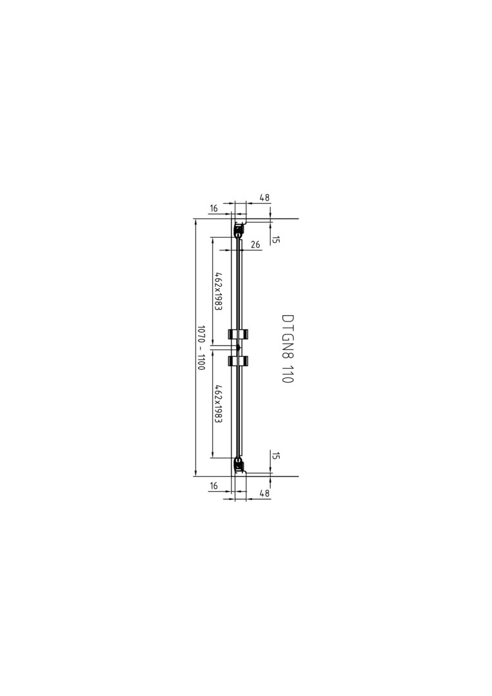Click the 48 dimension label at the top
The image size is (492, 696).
click(x=264, y=198)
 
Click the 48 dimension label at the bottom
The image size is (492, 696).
click(x=264, y=492)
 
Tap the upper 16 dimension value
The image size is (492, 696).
click(x=213, y=209)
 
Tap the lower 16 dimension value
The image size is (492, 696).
click(x=213, y=486)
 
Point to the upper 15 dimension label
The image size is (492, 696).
click(x=275, y=240)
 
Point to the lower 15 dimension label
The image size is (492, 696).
click(x=275, y=456)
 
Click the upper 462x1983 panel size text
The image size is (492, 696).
click(x=218, y=291)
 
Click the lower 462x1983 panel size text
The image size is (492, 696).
click(x=218, y=404)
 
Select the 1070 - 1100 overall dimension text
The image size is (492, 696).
click(x=201, y=348)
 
